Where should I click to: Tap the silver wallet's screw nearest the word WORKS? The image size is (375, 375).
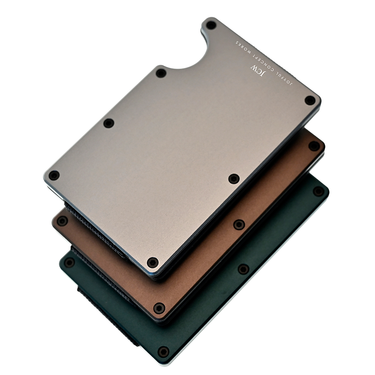point(211,25)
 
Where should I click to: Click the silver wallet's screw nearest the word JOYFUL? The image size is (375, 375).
point(310,100)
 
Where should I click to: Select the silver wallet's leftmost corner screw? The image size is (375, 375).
point(54,175)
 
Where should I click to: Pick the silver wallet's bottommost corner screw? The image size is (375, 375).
point(152,262)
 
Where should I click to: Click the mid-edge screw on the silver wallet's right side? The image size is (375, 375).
point(234,178)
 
